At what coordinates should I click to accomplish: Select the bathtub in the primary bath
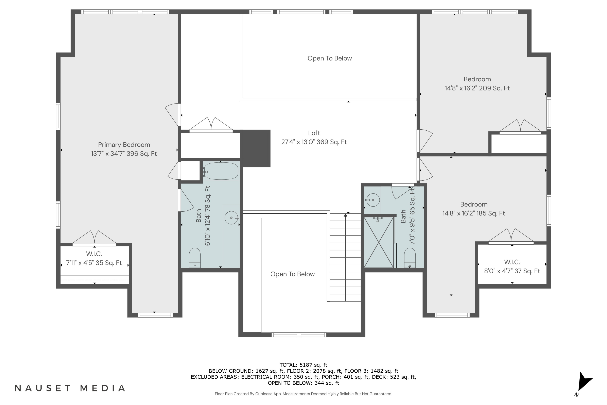pos(221,171)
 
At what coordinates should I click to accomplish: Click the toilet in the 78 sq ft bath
pos(195,258)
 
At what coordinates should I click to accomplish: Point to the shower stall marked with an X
pos(378,242)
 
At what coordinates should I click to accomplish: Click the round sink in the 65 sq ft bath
pos(373,200)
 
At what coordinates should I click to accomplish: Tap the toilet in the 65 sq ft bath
pos(410,258)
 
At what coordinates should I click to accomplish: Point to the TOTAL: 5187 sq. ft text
pos(303,365)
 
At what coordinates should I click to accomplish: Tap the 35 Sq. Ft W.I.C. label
pos(94,259)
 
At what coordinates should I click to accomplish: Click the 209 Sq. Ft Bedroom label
pos(477,84)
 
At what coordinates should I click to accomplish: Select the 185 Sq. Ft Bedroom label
pos(474,209)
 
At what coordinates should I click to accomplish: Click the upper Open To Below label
pos(330,58)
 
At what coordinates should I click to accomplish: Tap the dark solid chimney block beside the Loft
pos(256,148)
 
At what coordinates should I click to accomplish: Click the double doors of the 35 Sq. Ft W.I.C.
pos(94,238)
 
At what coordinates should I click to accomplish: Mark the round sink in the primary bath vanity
pos(231,218)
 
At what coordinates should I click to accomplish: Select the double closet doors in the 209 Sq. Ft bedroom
pos(520,127)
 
